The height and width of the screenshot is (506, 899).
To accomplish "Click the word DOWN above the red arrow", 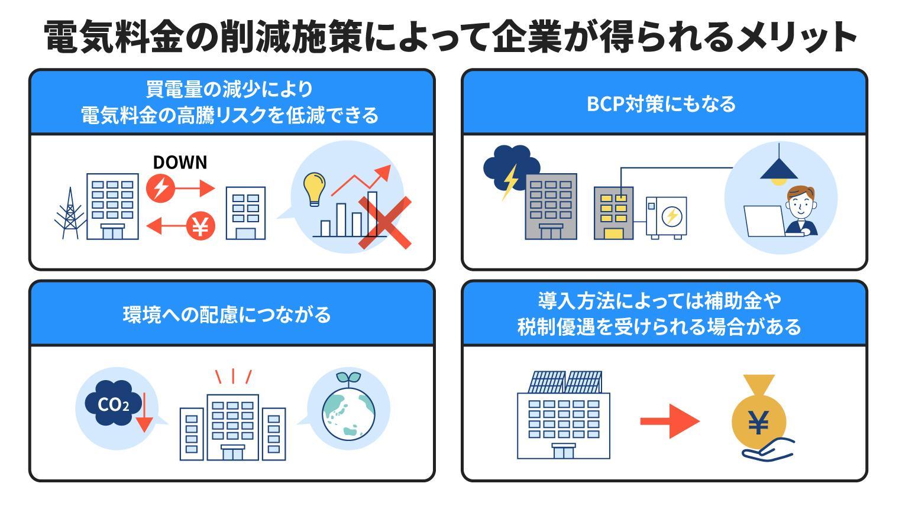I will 180,163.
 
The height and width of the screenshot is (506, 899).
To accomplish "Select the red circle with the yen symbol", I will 201,226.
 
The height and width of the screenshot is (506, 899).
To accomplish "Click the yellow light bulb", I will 313,188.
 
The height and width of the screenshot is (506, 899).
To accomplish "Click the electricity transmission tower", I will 70,214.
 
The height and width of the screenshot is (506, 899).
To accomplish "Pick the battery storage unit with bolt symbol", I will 667,217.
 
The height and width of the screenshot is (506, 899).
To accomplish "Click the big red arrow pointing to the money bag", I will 670,421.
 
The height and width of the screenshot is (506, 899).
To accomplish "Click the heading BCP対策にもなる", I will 661,103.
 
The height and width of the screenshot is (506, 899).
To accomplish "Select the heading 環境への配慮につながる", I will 227,314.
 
